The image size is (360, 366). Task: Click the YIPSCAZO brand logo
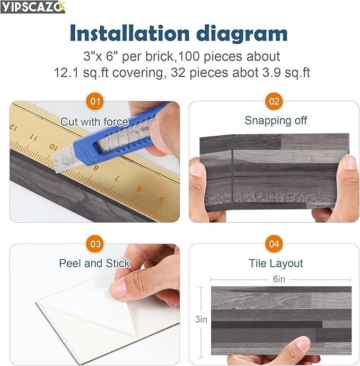point(32,7)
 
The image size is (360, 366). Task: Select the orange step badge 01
point(95,100)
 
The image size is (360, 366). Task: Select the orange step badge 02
point(274,100)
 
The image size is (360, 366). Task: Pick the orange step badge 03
point(95,244)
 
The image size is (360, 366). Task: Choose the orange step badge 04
point(274,244)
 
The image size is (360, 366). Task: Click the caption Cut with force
point(94,121)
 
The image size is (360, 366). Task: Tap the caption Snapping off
point(276,120)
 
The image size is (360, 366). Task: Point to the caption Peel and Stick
point(94,263)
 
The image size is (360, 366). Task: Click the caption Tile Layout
point(276,263)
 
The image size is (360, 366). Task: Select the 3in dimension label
point(201,319)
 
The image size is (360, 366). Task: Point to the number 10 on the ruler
point(53,146)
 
